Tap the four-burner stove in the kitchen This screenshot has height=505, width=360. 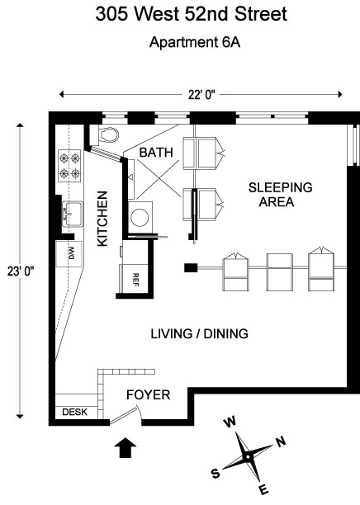[69, 165]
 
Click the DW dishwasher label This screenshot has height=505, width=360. [72, 253]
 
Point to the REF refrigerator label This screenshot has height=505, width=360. [135, 280]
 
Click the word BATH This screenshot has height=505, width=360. [156, 153]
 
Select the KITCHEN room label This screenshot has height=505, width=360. [102, 219]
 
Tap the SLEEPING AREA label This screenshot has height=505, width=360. [280, 195]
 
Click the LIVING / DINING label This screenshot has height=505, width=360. [200, 333]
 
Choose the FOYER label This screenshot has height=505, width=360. [149, 395]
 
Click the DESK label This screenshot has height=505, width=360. [75, 412]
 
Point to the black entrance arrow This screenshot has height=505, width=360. [126, 447]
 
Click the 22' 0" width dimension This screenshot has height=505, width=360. [201, 95]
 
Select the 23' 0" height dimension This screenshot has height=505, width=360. [21, 271]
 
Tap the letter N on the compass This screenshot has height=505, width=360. [281, 441]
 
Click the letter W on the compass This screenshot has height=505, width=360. [230, 422]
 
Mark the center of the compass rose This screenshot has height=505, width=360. [248, 457]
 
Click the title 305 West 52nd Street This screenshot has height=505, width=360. [192, 14]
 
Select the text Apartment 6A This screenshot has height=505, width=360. [195, 43]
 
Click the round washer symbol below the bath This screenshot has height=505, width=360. [140, 217]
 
